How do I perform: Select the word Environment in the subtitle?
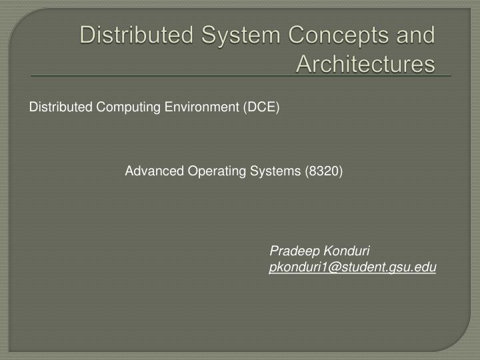tap(203, 107)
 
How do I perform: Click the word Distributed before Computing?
tap(61, 107)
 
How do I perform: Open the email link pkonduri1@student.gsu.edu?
tap(353, 267)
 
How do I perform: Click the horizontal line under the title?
tap(240, 76)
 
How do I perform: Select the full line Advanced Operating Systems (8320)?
tap(234, 171)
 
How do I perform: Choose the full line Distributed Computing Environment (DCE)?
tap(154, 107)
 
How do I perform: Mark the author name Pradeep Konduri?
tap(320, 251)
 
